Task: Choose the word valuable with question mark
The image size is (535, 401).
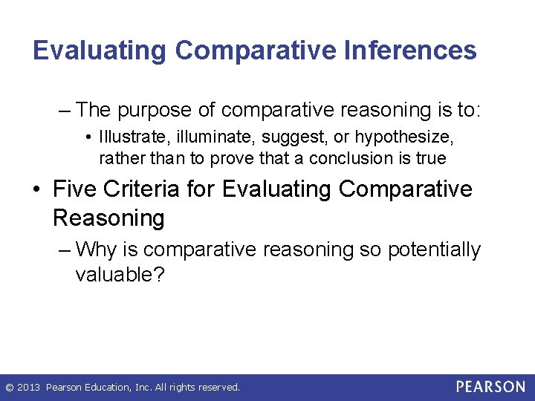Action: (x=120, y=274)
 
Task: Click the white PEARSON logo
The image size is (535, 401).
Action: (x=490, y=387)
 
